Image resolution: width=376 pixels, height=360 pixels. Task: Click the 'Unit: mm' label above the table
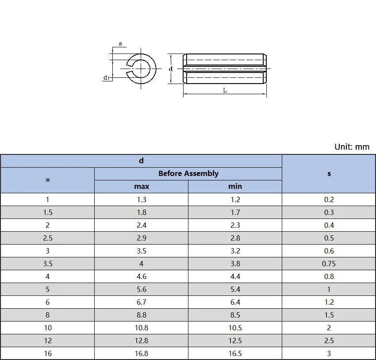point(352,147)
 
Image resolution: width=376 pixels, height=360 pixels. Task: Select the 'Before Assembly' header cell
point(188,173)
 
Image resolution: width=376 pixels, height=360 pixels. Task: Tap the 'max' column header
point(142,186)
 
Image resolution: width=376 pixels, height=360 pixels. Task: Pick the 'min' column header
point(235,186)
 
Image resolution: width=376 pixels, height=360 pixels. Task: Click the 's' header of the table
point(329,173)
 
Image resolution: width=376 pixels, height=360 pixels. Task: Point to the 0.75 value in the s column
point(329,264)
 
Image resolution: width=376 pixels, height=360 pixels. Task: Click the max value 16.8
point(142,353)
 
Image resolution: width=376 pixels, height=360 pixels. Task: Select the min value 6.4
point(235,302)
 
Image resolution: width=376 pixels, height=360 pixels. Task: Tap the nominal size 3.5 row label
point(48,264)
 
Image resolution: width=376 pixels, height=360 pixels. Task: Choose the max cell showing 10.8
point(142,328)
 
